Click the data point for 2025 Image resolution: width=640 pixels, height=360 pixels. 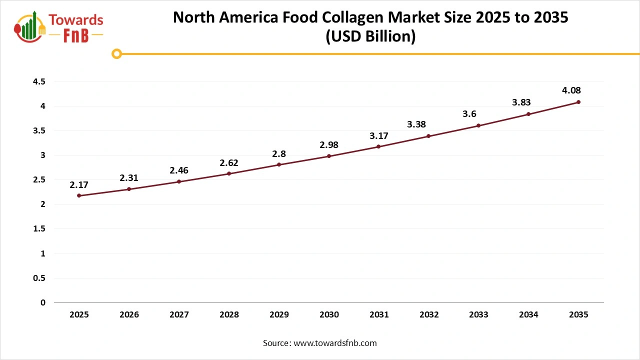[x=79, y=195]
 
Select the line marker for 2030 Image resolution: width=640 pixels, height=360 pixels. [x=329, y=156]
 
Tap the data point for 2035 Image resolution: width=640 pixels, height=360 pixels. [x=578, y=102]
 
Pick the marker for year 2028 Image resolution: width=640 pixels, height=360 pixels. [x=229, y=173]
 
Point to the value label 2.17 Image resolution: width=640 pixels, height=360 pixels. [x=79, y=184]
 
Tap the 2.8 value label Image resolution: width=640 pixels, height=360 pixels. [x=279, y=153]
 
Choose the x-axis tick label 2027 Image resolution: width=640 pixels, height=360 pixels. [x=179, y=315]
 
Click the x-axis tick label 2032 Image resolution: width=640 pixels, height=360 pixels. [x=429, y=315]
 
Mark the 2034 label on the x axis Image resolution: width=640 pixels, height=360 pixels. [x=528, y=315]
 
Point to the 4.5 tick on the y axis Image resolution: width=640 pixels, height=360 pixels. [x=39, y=81]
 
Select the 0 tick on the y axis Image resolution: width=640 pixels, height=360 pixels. [x=43, y=302]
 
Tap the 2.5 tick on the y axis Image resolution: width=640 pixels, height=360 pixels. [x=39, y=179]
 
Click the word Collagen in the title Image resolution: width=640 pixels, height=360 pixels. [x=357, y=18]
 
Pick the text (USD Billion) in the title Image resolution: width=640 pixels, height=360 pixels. [x=370, y=37]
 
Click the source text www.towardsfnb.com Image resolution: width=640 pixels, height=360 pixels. [x=334, y=343]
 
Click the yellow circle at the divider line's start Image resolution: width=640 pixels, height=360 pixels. [x=116, y=53]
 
